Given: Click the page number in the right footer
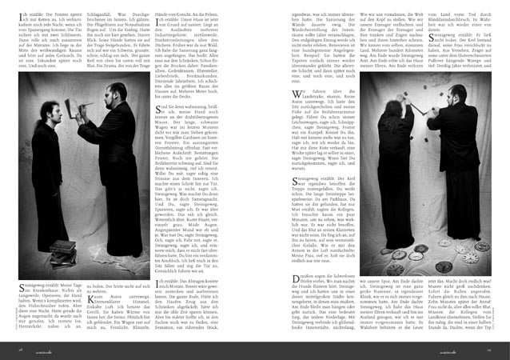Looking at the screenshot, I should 488,349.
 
